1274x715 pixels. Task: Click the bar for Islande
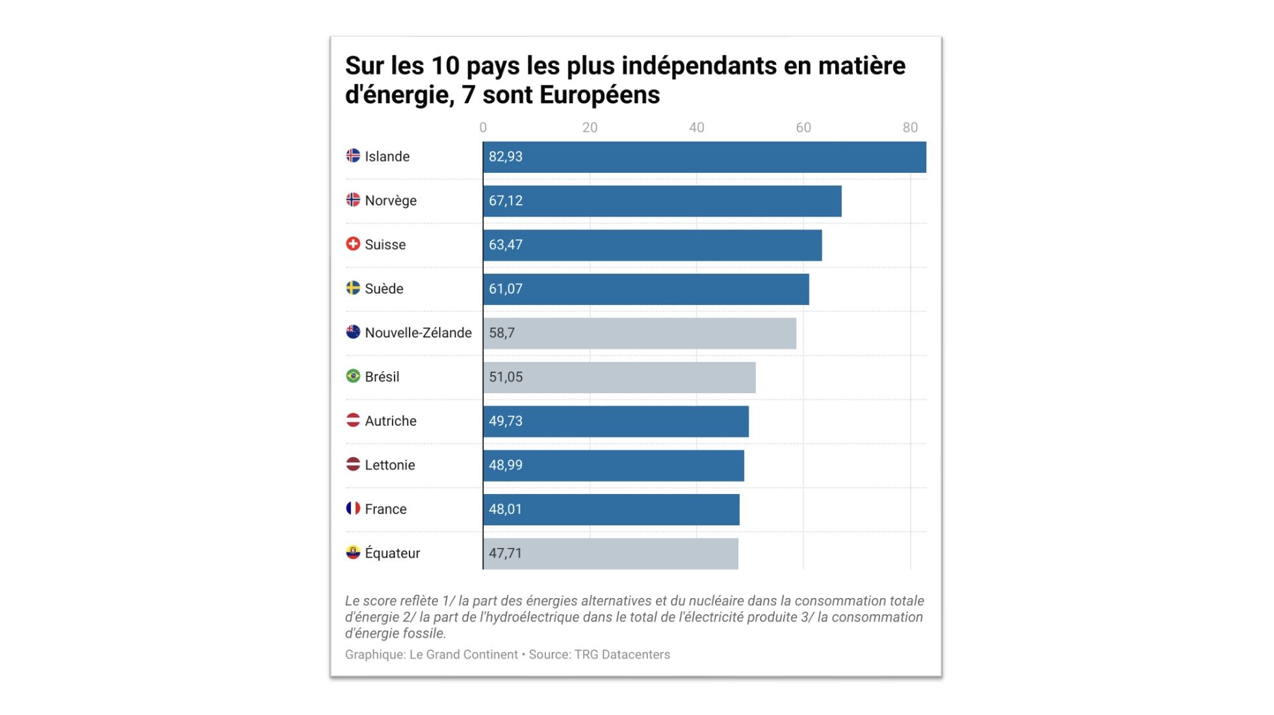[x=704, y=157]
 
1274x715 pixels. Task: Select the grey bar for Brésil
[x=619, y=377]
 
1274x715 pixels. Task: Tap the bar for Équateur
[x=610, y=553]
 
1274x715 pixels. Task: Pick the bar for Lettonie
[x=613, y=465]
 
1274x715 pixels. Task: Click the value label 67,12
[x=505, y=201]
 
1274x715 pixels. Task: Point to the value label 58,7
[x=501, y=333]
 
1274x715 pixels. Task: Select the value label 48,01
[x=505, y=509]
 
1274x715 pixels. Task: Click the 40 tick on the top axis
[x=696, y=127]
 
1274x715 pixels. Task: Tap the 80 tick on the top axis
[x=909, y=127]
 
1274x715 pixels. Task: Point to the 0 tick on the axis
[x=483, y=127]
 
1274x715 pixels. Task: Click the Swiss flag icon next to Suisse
[x=353, y=244]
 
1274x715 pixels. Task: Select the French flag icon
[x=353, y=508]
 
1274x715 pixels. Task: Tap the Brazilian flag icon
[x=353, y=376]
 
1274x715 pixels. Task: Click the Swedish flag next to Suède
[x=353, y=288]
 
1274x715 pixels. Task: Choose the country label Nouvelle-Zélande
[x=418, y=333]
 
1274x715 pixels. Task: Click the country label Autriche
[x=390, y=421]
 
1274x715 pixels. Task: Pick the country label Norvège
[x=390, y=201]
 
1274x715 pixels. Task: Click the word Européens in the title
[x=599, y=95]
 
